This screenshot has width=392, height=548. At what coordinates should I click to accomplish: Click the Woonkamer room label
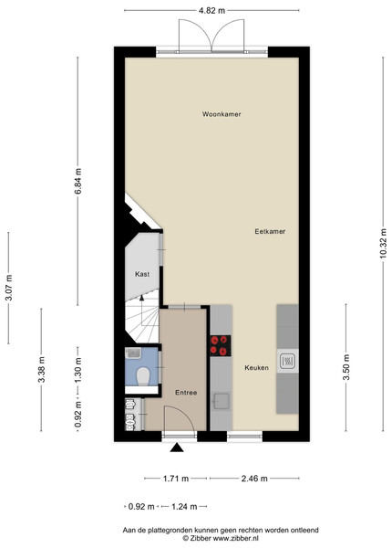pos(222,114)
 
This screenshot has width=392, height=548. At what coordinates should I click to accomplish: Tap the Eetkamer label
pos(270,231)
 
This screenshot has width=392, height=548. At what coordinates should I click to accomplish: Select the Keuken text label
pos(257,368)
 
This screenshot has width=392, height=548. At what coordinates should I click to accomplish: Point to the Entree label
pos(186,393)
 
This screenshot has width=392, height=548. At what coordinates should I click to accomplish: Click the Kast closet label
pos(142,274)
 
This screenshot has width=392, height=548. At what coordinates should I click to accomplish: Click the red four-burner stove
pos(221,345)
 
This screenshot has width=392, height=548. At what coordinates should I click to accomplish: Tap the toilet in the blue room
pos(143,375)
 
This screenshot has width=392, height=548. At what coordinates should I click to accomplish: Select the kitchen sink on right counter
pos(288,361)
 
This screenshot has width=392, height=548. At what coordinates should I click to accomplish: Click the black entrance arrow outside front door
pos(177,448)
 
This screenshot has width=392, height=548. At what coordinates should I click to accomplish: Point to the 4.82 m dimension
pos(211,10)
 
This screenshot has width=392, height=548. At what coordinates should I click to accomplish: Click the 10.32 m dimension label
pos(383,243)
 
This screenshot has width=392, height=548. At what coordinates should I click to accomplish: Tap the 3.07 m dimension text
pos(9,288)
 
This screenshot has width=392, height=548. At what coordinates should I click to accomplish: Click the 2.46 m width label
pos(254,479)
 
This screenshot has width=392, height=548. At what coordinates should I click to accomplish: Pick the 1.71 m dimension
pos(176,479)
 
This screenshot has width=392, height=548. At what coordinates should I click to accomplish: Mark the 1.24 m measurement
pos(184,506)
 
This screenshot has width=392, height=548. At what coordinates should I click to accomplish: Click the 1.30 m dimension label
pos(77,371)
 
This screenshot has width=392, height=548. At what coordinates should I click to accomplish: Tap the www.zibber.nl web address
pos(236,539)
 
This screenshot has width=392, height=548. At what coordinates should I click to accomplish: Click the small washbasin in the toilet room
pos(133,353)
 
